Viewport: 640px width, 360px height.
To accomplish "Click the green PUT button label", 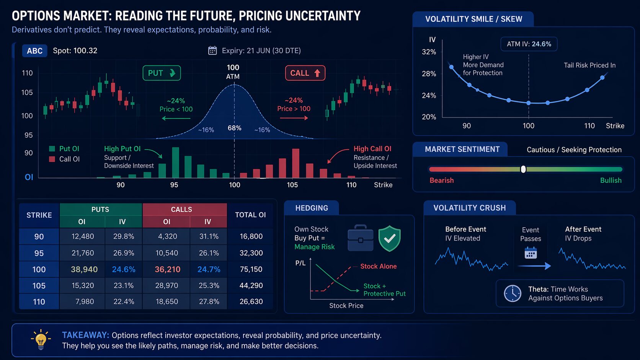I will (162, 73).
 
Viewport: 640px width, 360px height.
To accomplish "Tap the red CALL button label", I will (305, 73).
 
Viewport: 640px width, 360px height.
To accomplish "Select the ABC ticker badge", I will (34, 51).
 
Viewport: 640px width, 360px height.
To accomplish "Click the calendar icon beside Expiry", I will (212, 50).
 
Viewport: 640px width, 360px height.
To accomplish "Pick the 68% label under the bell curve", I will (234, 128).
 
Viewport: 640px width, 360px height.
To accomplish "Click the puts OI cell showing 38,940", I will (84, 269).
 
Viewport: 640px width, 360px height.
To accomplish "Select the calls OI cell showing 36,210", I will (167, 269).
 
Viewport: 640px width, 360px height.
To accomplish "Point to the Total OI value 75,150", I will (251, 269).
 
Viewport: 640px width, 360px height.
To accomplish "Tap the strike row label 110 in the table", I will (39, 302).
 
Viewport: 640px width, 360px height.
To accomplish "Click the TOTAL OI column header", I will (250, 215).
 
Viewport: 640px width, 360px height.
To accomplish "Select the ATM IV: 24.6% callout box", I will (529, 44).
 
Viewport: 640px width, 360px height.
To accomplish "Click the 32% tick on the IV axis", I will (429, 52).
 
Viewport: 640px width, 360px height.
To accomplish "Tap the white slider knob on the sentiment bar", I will (523, 169).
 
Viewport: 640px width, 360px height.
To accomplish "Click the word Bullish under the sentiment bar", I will (611, 180).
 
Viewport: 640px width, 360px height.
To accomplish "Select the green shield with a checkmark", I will (389, 238).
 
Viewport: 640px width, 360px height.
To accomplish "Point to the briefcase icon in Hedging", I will (360, 238).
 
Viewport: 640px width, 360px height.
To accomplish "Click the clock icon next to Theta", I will (513, 293).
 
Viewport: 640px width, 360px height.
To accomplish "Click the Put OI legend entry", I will (64, 149).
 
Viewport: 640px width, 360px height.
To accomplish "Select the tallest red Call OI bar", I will (296, 163).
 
